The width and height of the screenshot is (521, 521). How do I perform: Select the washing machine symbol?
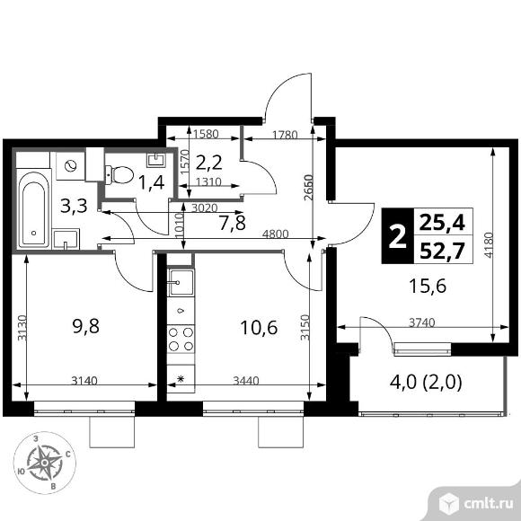click(x=70, y=166)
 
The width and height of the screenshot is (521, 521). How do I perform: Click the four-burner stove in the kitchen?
click(x=181, y=339)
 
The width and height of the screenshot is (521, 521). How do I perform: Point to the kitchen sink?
click(x=181, y=282)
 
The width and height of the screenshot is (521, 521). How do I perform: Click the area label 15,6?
click(x=428, y=286)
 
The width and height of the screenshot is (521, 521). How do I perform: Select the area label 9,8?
click(x=85, y=326)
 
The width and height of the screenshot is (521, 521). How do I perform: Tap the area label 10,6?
click(x=259, y=328)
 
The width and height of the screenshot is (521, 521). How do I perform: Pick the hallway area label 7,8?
click(x=233, y=223)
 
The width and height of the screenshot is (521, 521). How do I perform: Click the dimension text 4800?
click(x=275, y=234)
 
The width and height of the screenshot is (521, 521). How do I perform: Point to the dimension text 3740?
click(x=421, y=322)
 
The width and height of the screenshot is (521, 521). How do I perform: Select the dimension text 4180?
click(x=489, y=245)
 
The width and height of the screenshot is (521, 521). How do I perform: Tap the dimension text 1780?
click(x=285, y=135)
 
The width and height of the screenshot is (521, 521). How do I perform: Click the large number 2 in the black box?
click(x=397, y=236)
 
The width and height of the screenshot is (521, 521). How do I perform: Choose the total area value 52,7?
click(x=442, y=251)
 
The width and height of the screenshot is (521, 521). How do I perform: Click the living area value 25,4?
click(x=442, y=222)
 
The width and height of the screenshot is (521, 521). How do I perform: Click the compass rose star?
click(x=45, y=463)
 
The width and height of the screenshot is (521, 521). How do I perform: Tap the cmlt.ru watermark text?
click(x=488, y=504)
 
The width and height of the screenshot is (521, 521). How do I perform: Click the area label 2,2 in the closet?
click(x=208, y=163)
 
